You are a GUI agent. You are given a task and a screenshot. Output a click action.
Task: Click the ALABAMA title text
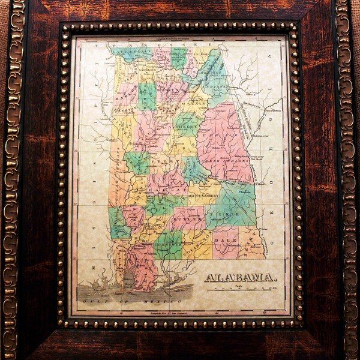pos(240,278)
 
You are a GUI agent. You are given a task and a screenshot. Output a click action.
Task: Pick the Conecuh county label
pos(169,244)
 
